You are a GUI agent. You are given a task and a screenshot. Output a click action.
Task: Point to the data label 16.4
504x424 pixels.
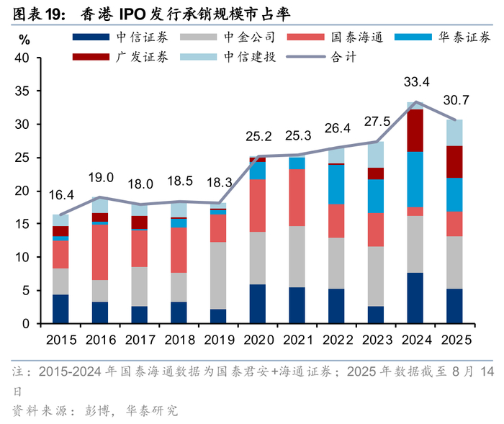61,194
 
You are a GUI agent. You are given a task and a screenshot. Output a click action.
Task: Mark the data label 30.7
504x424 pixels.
455,99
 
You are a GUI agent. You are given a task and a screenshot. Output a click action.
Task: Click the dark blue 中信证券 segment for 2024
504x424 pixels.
415,298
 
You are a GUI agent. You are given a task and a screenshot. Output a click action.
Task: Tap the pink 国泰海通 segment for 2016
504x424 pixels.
101,252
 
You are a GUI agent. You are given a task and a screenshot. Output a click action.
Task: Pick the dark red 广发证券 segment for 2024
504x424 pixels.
415,130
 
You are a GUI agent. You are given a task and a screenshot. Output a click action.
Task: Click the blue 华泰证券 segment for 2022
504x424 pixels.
336,184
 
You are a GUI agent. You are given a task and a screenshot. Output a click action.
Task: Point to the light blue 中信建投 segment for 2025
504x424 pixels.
455,132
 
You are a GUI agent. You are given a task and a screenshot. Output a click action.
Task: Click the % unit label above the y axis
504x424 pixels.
24,39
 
